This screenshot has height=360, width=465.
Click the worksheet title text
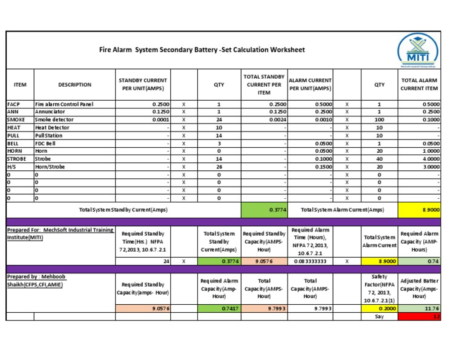point(202,50)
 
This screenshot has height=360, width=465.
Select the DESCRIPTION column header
point(74,85)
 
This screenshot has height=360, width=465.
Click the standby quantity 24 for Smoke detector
point(219,120)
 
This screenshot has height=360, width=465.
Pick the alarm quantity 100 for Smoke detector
point(379,120)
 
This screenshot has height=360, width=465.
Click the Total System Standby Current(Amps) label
point(124,210)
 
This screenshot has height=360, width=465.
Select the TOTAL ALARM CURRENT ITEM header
point(420,85)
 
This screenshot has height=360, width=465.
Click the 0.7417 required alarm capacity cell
point(219,308)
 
